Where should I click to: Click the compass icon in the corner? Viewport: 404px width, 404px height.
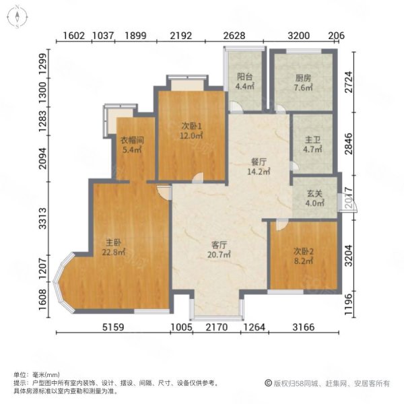click(x=17, y=17)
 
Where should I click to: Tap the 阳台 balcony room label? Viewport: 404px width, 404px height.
click(x=244, y=77)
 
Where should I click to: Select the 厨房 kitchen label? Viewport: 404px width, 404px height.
click(x=303, y=77)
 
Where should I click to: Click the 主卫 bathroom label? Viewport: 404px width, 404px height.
click(x=312, y=139)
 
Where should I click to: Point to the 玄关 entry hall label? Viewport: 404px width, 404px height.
click(x=314, y=193)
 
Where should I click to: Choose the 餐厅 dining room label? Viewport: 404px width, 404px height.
click(x=259, y=162)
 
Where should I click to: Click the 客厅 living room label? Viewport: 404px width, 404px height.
click(x=219, y=244)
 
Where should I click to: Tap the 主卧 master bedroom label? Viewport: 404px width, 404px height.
click(x=113, y=242)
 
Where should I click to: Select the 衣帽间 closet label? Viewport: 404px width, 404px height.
click(x=132, y=140)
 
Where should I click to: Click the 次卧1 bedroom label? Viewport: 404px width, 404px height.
click(x=191, y=126)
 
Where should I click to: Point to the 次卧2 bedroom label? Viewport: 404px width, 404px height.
click(x=304, y=251)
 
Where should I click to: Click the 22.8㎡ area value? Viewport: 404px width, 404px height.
click(x=114, y=252)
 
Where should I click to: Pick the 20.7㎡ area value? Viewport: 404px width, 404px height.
click(x=219, y=255)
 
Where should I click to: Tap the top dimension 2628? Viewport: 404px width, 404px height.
click(x=234, y=35)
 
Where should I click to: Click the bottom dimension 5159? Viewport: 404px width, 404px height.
click(x=113, y=327)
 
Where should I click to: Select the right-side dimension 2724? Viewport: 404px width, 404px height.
click(x=348, y=82)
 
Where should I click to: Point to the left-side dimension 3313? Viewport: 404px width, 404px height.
click(x=43, y=218)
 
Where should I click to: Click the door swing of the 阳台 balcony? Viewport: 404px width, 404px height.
click(x=236, y=107)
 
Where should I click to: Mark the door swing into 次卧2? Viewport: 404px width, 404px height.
click(x=282, y=225)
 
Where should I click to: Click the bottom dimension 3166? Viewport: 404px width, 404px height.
click(x=304, y=327)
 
